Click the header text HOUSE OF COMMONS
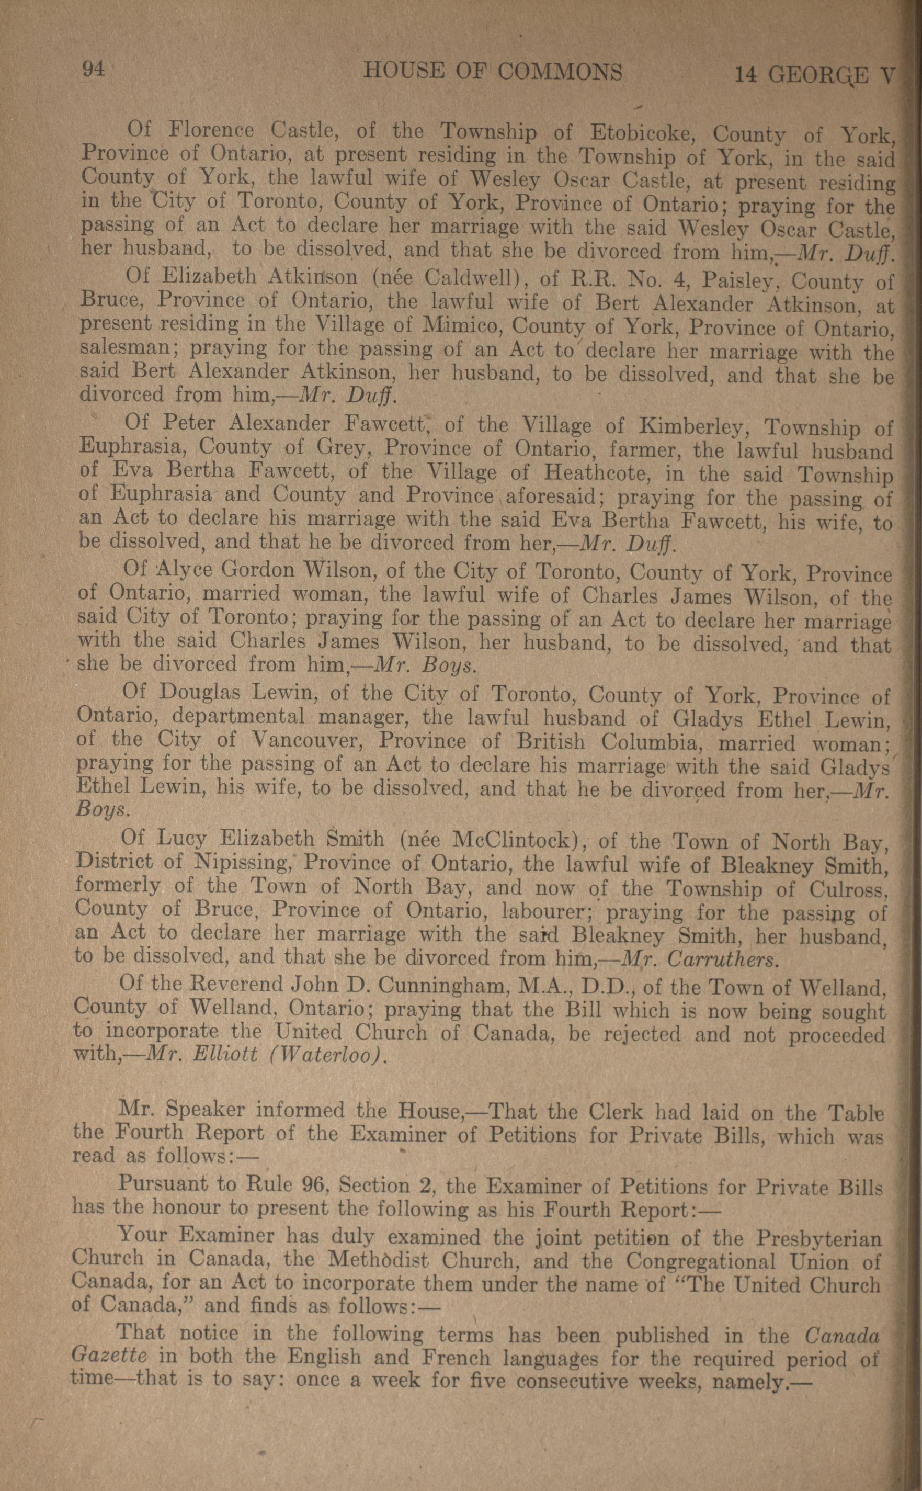(x=493, y=72)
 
